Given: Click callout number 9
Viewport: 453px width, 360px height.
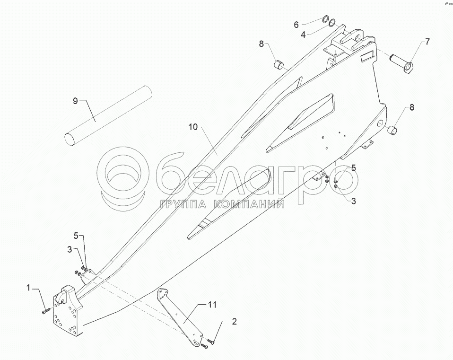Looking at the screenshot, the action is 75,101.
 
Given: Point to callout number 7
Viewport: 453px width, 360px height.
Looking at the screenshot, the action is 427,42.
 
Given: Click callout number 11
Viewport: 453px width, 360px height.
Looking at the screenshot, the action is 213,305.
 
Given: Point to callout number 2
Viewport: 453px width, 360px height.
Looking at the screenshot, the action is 234,322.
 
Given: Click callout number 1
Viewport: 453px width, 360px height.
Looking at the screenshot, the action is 29,287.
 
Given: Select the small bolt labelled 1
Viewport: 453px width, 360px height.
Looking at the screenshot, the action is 46,311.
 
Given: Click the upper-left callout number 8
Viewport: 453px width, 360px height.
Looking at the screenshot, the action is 261,44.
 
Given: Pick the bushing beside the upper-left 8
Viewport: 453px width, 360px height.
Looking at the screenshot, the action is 279,64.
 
